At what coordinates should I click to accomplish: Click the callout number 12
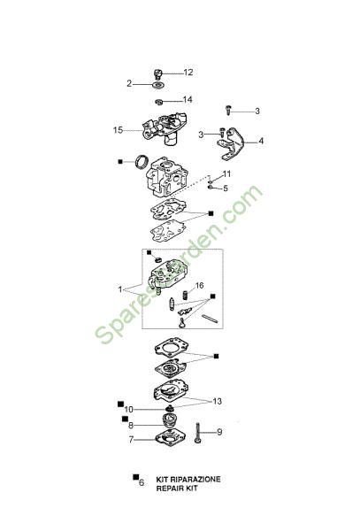click(188, 73)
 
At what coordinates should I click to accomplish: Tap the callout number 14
click(188, 99)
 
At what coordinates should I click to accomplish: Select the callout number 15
click(118, 130)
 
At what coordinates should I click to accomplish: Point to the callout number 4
click(261, 141)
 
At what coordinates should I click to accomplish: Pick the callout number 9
click(219, 432)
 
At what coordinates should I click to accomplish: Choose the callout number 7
click(131, 440)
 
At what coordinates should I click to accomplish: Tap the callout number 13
click(217, 401)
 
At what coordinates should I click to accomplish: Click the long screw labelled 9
click(198, 433)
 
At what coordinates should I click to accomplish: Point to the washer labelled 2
click(158, 85)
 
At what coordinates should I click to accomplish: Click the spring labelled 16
click(185, 295)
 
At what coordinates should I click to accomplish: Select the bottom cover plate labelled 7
click(171, 439)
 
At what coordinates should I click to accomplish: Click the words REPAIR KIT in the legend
click(177, 489)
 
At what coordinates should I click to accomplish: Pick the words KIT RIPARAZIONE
click(188, 479)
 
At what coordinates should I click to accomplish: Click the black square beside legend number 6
click(136, 477)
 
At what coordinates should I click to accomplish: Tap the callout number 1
click(119, 289)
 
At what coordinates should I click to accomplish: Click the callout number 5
click(226, 189)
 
